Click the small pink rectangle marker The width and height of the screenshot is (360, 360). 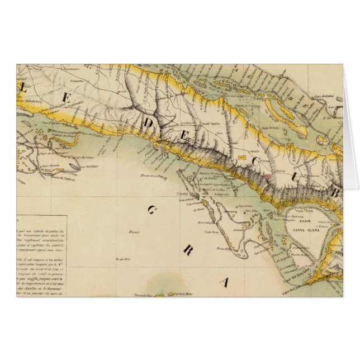coord(268,174)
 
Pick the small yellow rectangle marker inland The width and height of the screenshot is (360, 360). coord(241,158)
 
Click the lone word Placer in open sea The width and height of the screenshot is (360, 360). coord(133,230)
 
